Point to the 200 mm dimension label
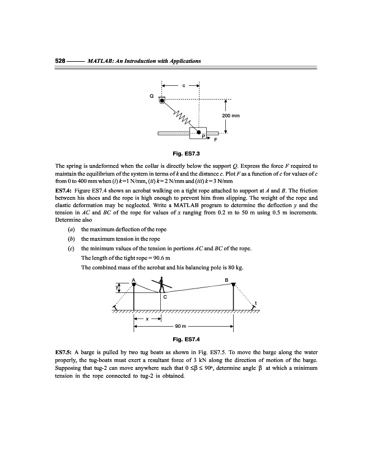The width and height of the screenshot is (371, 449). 231,116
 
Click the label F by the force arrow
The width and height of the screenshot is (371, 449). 215,141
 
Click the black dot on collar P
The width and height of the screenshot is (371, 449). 198,132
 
